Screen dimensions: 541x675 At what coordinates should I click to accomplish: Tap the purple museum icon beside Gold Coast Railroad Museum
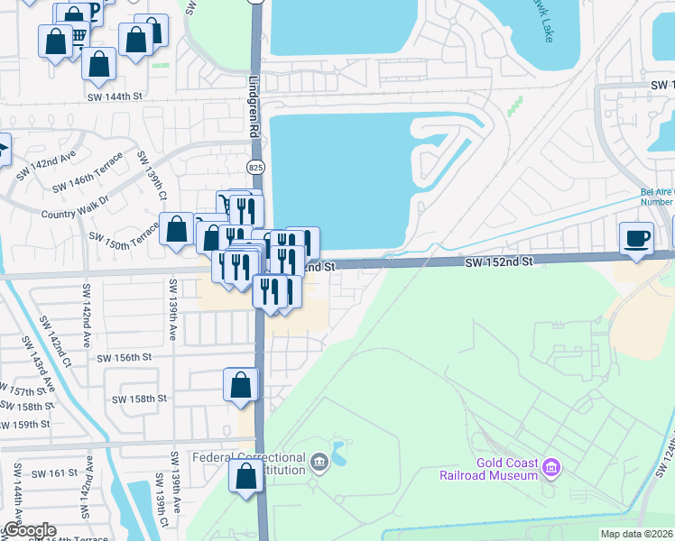(553, 468)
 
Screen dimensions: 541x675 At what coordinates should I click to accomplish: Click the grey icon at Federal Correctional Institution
(319, 463)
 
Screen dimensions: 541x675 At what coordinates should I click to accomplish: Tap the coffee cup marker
(637, 237)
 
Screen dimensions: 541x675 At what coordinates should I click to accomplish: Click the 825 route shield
(255, 167)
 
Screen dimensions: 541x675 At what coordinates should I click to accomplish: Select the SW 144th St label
(115, 96)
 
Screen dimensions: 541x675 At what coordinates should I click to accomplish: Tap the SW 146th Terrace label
(86, 180)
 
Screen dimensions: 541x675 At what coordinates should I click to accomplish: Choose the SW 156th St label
(124, 357)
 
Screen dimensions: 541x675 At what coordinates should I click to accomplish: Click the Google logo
(30, 531)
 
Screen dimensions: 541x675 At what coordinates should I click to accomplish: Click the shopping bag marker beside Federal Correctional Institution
(245, 476)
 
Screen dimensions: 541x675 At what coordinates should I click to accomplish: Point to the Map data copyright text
(637, 534)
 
